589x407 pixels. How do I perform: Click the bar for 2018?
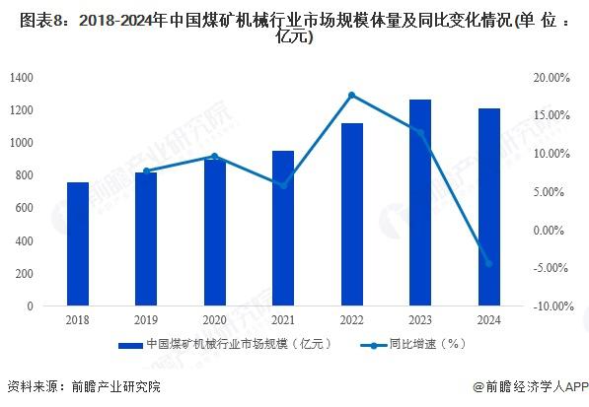click(78, 244)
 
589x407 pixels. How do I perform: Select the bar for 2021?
click(283, 229)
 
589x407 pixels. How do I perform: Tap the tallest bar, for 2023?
click(420, 203)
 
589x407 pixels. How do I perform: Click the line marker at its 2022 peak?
click(352, 95)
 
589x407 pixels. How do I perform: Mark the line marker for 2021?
click(283, 185)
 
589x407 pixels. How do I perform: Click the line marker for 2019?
click(146, 171)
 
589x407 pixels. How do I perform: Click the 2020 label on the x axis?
click(215, 320)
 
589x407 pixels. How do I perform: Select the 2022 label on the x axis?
click(352, 320)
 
